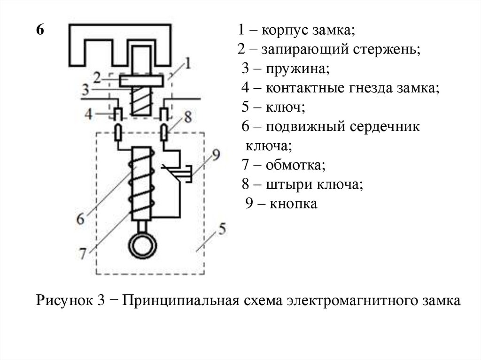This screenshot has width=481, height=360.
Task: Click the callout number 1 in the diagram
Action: pyautogui.click(x=187, y=62)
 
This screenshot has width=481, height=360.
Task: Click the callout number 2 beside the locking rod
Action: pyautogui.click(x=97, y=76)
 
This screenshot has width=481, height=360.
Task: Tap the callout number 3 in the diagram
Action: pyautogui.click(x=85, y=89)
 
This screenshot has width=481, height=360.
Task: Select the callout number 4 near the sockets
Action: pyautogui.click(x=89, y=113)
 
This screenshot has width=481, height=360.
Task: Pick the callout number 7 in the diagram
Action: pyautogui.click(x=83, y=253)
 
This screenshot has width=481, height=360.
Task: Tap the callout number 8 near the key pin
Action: pyautogui.click(x=188, y=116)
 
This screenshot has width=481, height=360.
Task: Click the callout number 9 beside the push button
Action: pyautogui.click(x=216, y=155)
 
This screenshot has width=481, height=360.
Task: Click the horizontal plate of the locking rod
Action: pyautogui.click(x=141, y=81)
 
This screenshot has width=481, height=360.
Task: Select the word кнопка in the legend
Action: pyautogui.click(x=294, y=204)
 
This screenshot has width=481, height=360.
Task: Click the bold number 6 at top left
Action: pyautogui.click(x=40, y=31)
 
